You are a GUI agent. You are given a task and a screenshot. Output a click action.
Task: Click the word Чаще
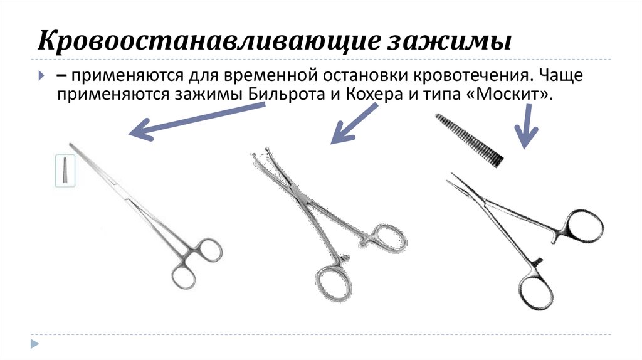pyautogui.click(x=561, y=75)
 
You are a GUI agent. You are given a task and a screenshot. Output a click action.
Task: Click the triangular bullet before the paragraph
pyautogui.click(x=41, y=75)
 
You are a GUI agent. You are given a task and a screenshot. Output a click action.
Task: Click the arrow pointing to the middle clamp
pyautogui.click(x=354, y=124)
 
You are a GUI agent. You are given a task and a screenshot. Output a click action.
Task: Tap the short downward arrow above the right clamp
pyautogui.click(x=527, y=126)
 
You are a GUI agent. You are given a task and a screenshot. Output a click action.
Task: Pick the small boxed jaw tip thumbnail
pyautogui.click(x=65, y=171)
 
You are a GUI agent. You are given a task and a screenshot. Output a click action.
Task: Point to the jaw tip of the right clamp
pyautogui.click(x=453, y=179)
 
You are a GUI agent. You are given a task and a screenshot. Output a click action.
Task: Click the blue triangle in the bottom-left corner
pyautogui.click(x=34, y=343)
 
